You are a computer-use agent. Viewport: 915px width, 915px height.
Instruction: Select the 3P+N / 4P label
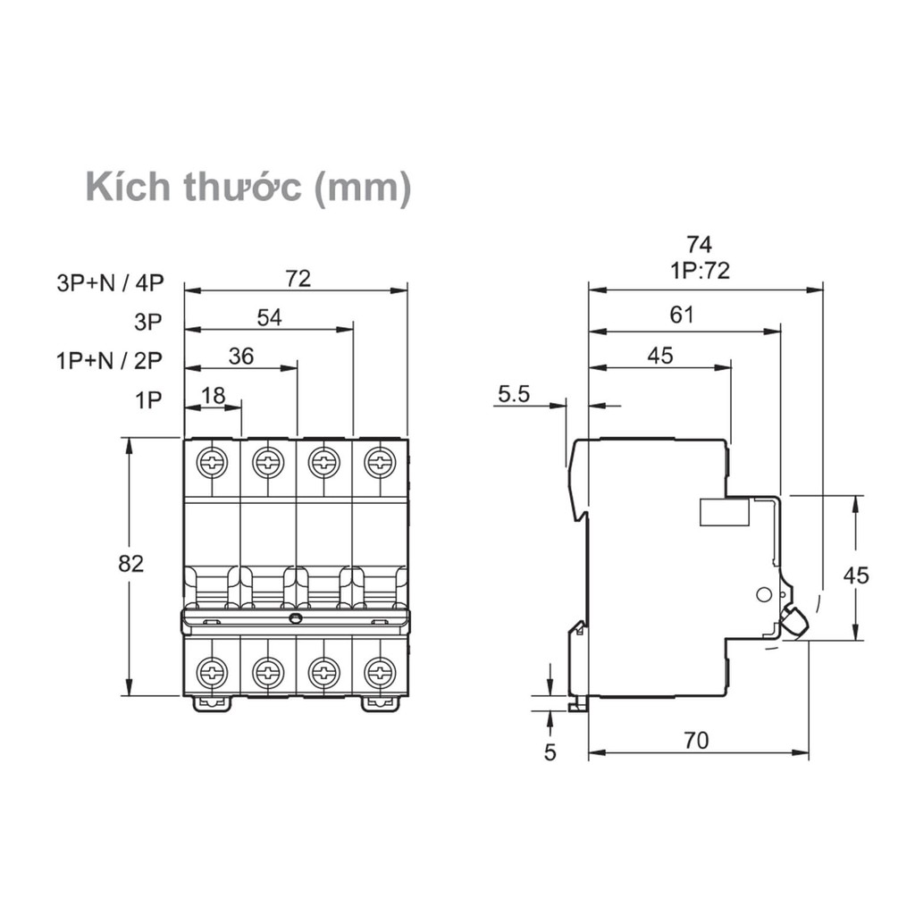click(x=111, y=283)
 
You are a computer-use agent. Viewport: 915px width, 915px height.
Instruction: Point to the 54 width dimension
click(x=269, y=317)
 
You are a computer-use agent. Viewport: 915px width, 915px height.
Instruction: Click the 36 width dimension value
click(x=241, y=357)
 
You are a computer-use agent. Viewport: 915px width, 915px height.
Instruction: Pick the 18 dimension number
click(x=213, y=396)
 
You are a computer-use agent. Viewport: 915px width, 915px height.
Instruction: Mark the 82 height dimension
click(x=131, y=564)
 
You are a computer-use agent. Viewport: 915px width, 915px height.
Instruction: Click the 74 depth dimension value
click(x=700, y=245)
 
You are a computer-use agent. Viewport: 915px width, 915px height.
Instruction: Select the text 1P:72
click(x=700, y=270)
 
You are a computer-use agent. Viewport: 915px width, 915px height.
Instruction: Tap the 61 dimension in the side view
click(x=682, y=315)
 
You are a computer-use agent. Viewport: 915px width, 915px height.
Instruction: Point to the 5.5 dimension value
click(x=515, y=392)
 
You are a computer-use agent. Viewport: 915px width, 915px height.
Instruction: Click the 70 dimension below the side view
click(x=696, y=740)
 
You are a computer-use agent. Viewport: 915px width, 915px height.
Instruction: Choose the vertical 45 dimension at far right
click(x=856, y=575)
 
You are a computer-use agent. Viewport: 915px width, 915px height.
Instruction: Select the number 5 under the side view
click(x=550, y=752)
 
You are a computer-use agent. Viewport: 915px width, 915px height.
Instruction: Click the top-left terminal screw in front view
click(x=213, y=462)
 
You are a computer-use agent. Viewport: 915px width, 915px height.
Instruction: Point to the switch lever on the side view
click(x=793, y=620)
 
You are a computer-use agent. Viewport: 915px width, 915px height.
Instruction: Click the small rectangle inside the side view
click(x=724, y=512)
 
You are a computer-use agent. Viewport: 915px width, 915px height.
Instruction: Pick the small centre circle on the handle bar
click(x=296, y=618)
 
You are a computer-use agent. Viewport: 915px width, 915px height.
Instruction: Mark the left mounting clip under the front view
click(x=211, y=704)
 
